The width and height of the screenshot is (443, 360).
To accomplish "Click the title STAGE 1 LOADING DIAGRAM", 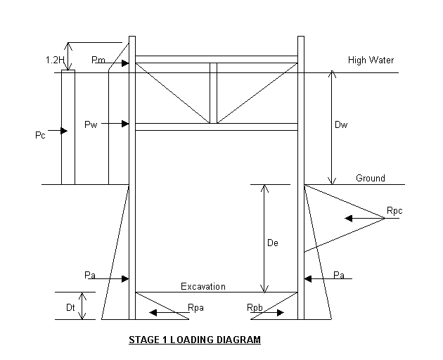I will pyautogui.click(x=194, y=340).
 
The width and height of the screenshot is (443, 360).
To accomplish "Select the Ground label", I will pyautogui.click(x=370, y=178).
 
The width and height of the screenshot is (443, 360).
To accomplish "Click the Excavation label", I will pyautogui.click(x=203, y=286).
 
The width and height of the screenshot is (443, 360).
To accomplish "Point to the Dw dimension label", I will pyautogui.click(x=341, y=126).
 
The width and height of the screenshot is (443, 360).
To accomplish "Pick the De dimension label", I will pyautogui.click(x=274, y=243).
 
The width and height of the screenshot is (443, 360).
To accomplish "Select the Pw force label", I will pyautogui.click(x=90, y=124).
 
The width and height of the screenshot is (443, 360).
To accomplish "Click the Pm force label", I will pyautogui.click(x=98, y=60).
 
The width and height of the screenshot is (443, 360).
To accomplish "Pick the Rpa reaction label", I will pyautogui.click(x=196, y=308).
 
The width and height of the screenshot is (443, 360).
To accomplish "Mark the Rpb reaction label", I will pyautogui.click(x=255, y=308).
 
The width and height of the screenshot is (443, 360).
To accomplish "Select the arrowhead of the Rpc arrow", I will pyautogui.click(x=347, y=219).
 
